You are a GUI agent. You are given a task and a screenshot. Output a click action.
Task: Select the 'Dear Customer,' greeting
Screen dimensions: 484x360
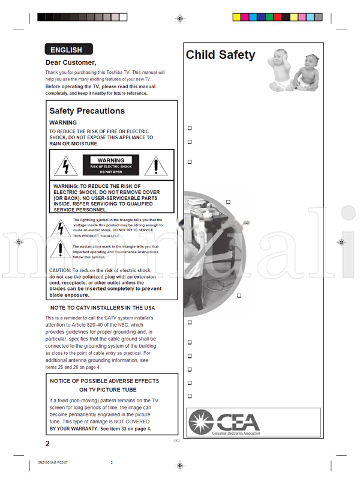point(71,62)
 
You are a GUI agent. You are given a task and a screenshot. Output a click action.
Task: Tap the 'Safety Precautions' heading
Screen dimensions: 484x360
point(87,111)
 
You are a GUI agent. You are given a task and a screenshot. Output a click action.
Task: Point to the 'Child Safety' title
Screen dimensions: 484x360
point(220,55)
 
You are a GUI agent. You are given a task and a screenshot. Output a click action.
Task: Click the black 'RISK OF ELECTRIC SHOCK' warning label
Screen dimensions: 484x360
point(110,165)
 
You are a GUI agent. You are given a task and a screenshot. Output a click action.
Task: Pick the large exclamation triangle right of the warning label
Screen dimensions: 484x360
point(157,165)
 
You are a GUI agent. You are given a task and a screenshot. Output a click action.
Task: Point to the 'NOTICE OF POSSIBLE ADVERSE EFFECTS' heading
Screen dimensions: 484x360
point(113,381)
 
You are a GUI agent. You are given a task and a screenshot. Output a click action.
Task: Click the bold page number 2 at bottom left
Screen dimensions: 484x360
point(48,444)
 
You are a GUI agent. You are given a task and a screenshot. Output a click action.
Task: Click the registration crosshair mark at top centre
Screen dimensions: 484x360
point(179,19)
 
